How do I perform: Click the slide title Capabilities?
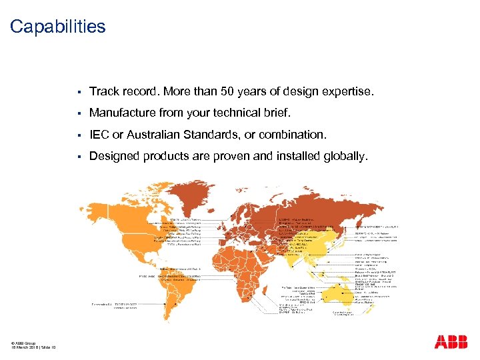tap(57, 27)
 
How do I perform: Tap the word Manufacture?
tap(120, 113)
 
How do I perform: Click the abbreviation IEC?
tap(99, 135)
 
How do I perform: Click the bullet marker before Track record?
tap(79, 91)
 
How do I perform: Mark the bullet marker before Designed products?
tap(79, 156)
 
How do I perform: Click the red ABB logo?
tap(451, 342)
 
